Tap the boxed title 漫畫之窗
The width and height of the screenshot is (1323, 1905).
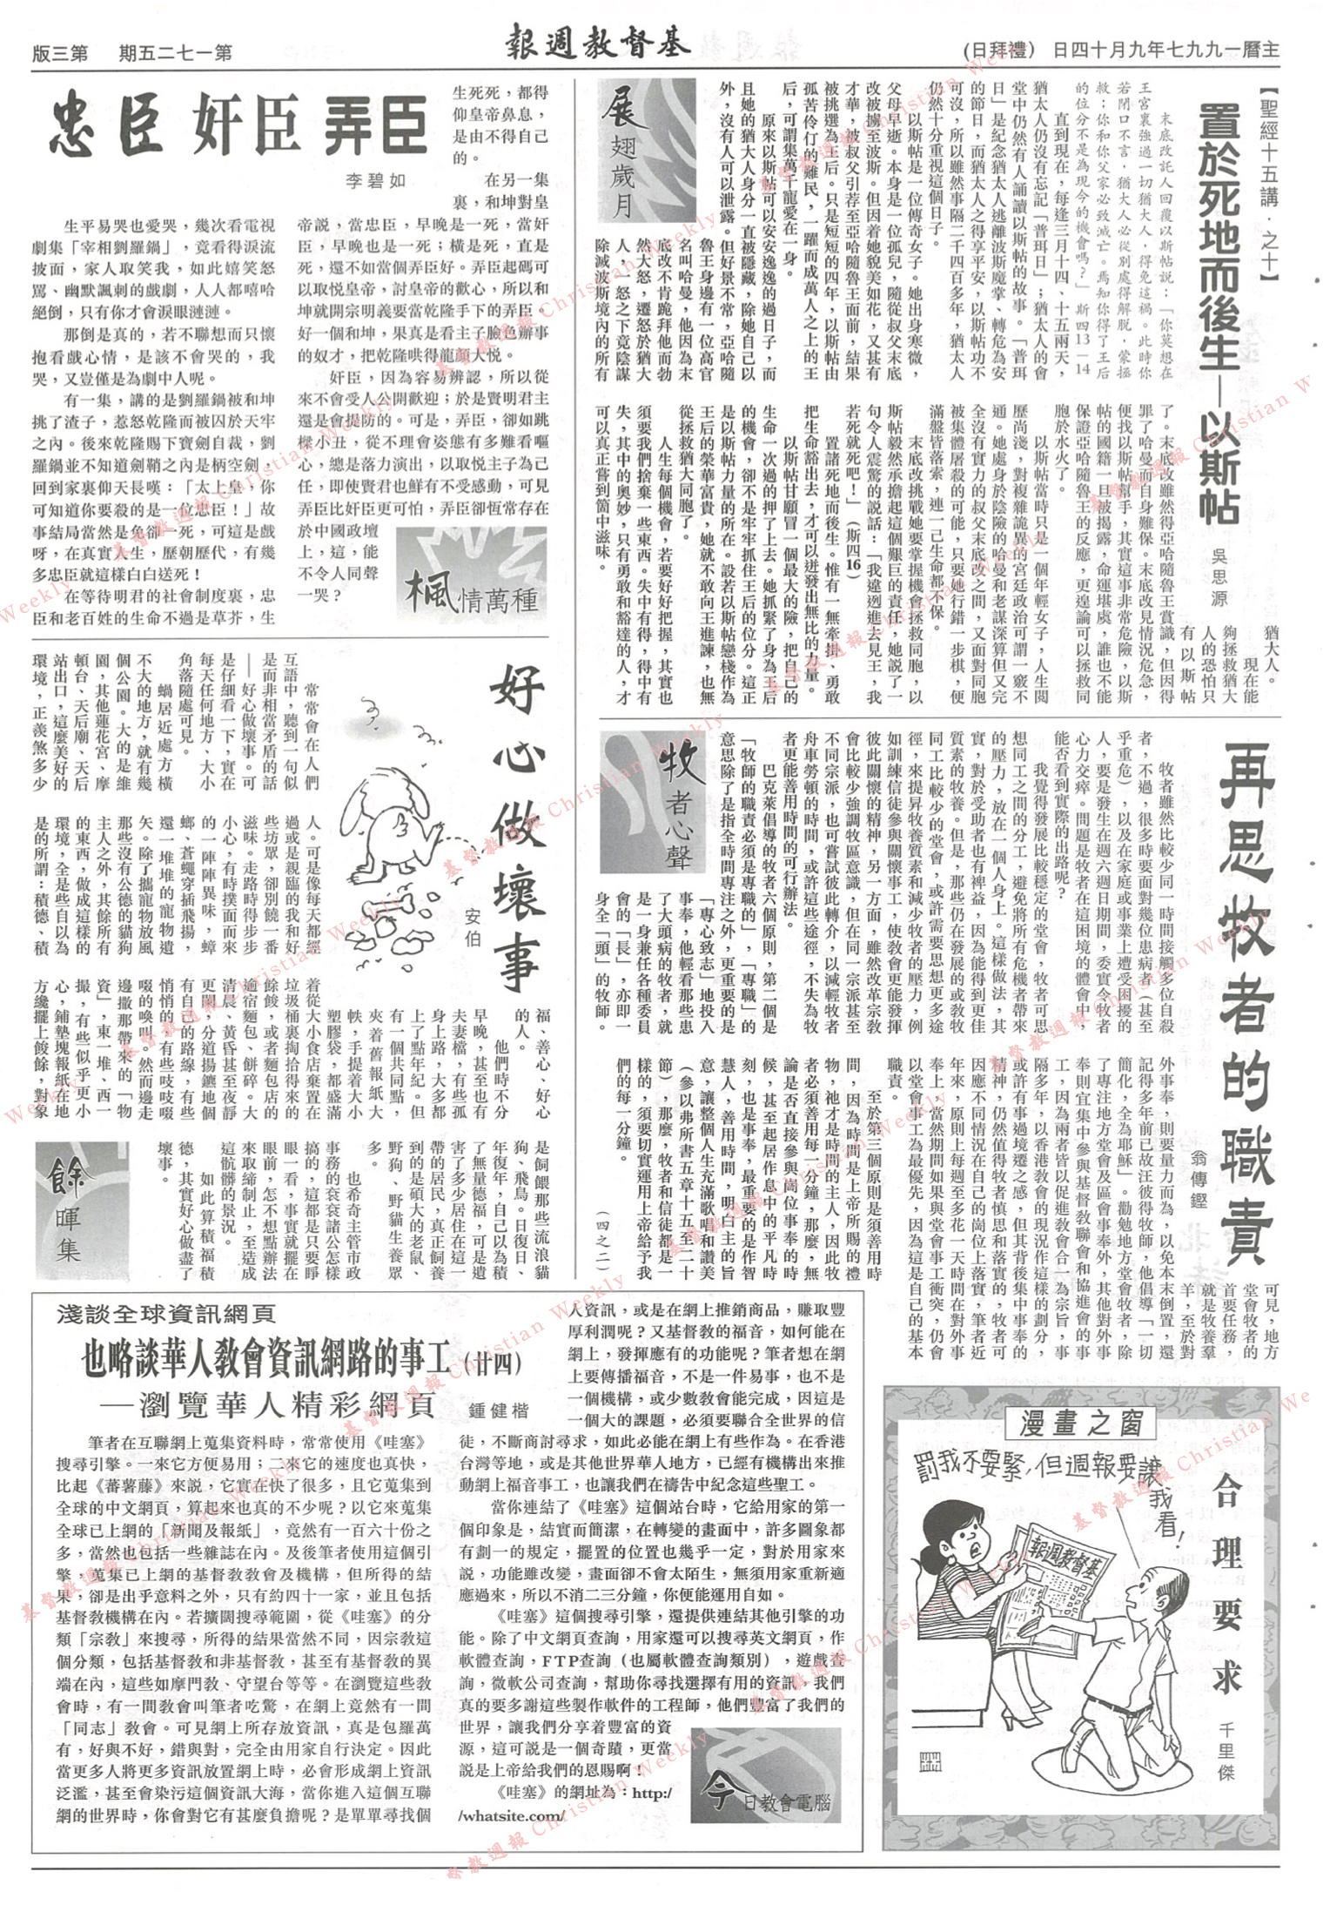click(x=1082, y=1424)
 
